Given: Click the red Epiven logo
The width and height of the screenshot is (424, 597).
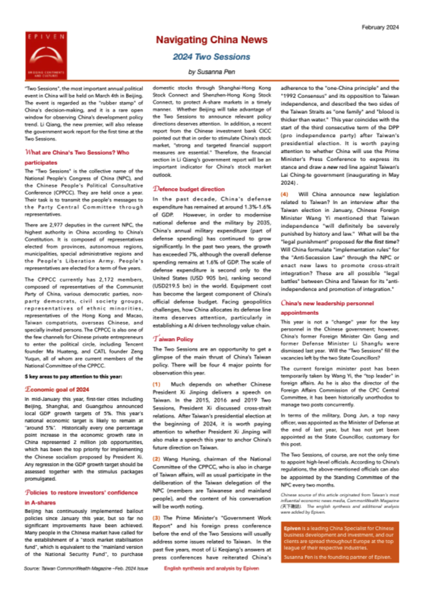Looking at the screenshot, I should pyautogui.click(x=49, y=54).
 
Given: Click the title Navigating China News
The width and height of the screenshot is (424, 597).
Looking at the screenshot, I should pyautogui.click(x=212, y=40).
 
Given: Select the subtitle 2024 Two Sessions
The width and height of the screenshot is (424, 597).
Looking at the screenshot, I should pyautogui.click(x=212, y=57).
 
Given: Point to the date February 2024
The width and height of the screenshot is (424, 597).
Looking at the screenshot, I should pyautogui.click(x=381, y=27).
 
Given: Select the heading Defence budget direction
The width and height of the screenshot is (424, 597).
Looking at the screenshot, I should pyautogui.click(x=189, y=189).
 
